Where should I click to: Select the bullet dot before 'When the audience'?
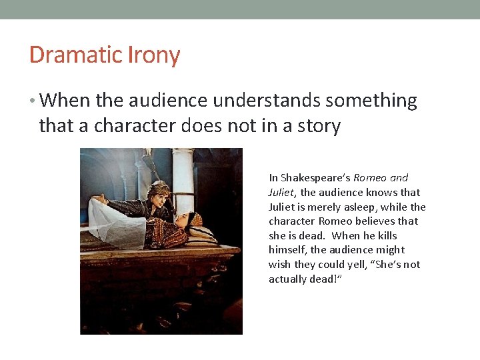click(x=33, y=101)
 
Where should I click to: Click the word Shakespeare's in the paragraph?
click(x=315, y=178)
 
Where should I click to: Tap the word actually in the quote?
click(x=287, y=279)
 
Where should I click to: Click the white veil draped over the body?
click(x=120, y=223)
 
